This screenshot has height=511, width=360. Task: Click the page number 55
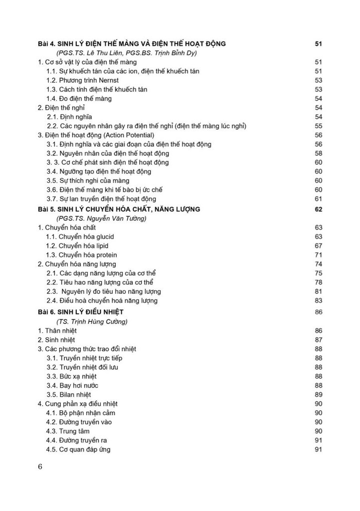point(319,126)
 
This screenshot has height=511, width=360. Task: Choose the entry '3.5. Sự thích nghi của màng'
point(88,181)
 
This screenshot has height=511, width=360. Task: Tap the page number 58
point(319,153)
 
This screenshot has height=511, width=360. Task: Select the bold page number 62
point(319,209)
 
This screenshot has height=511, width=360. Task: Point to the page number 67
point(319,246)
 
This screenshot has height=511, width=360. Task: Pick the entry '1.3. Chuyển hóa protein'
point(82,255)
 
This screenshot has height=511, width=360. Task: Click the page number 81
point(319,291)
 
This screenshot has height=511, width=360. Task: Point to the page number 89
point(319,395)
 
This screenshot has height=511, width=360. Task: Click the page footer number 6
point(40,467)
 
